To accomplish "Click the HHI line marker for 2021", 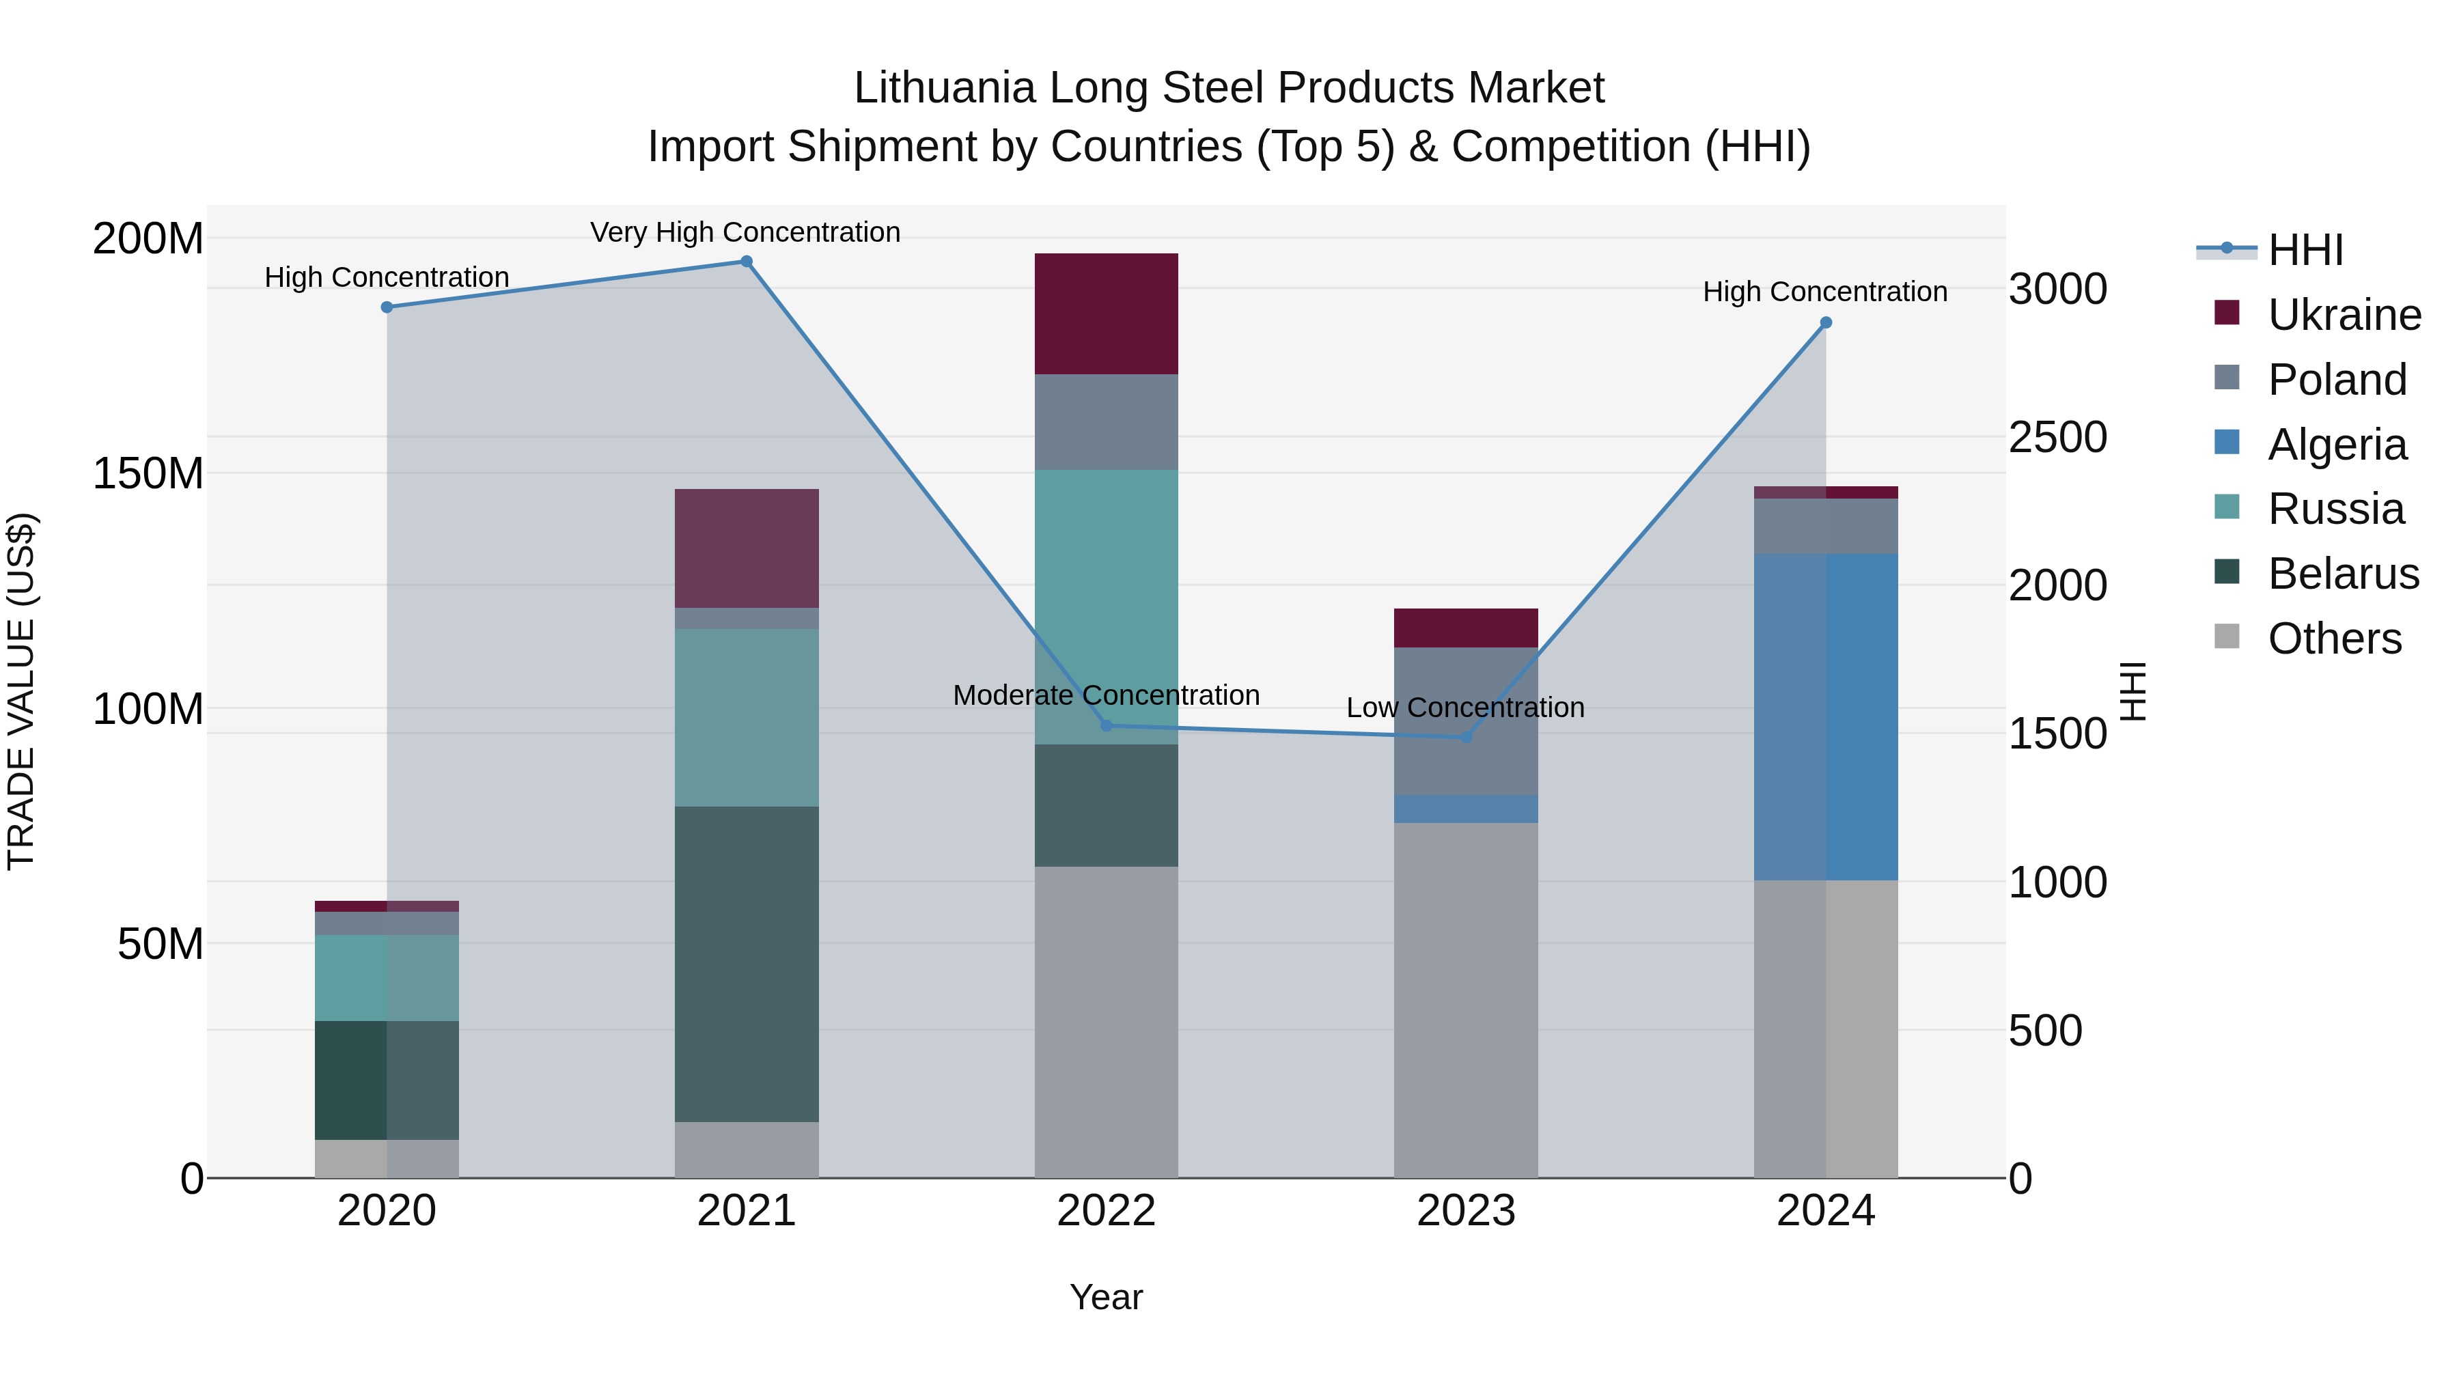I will [x=747, y=262].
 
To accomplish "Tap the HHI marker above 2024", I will [x=1825, y=322].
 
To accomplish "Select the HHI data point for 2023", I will [x=1467, y=737].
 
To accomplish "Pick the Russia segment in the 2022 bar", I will [x=1107, y=591].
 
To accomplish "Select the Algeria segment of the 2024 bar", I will [x=1825, y=716].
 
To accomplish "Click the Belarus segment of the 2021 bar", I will [x=747, y=964].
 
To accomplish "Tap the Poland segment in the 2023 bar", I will [x=1467, y=706].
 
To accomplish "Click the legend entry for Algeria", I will [x=2337, y=445].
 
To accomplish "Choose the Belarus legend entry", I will [x=2344, y=574].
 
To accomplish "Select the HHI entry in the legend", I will [x=2305, y=250].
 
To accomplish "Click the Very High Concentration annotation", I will [x=745, y=232].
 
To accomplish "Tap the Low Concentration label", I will [x=1465, y=708].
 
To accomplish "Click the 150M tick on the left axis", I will [x=148, y=473].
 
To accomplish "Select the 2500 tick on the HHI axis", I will [x=2057, y=437].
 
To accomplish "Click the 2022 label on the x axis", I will [x=1107, y=1211].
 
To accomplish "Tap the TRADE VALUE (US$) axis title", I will [x=21, y=691].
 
